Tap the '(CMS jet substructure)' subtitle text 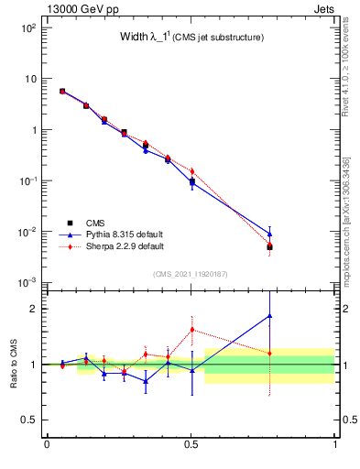pyautogui.click(x=221, y=38)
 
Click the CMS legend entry pyautogui.click(x=96, y=223)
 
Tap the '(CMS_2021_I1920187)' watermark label pyautogui.click(x=191, y=274)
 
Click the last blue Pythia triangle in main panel pyautogui.click(x=269, y=234)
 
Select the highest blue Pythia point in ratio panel pyautogui.click(x=269, y=316)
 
